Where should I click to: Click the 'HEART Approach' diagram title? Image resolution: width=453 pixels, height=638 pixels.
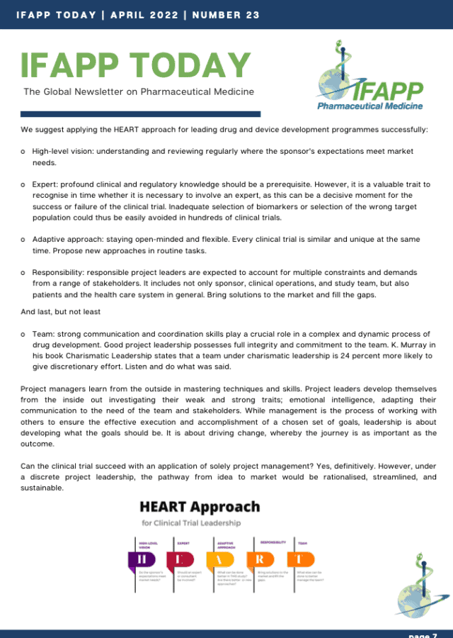coord(200,507)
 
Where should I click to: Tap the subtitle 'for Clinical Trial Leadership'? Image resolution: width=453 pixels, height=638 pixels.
coord(191,523)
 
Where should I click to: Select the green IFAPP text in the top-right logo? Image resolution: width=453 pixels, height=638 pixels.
coord(387,91)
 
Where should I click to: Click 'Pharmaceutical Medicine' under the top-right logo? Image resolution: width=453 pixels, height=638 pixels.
coord(369,106)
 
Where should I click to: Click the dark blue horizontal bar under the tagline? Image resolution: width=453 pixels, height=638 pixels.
coord(140,113)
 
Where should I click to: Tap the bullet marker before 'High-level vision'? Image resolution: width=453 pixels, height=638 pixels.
coord(24,152)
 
